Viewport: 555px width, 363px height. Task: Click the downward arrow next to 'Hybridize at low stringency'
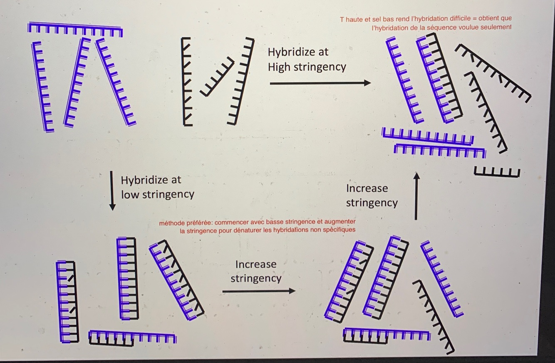tap(112, 190)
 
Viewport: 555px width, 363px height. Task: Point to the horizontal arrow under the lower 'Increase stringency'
tap(258, 291)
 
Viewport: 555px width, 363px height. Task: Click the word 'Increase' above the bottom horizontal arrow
tap(255, 264)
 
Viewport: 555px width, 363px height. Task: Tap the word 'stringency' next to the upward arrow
tap(372, 203)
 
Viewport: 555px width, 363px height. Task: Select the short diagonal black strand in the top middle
tap(217, 77)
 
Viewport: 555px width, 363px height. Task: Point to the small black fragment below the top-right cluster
tap(497, 172)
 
